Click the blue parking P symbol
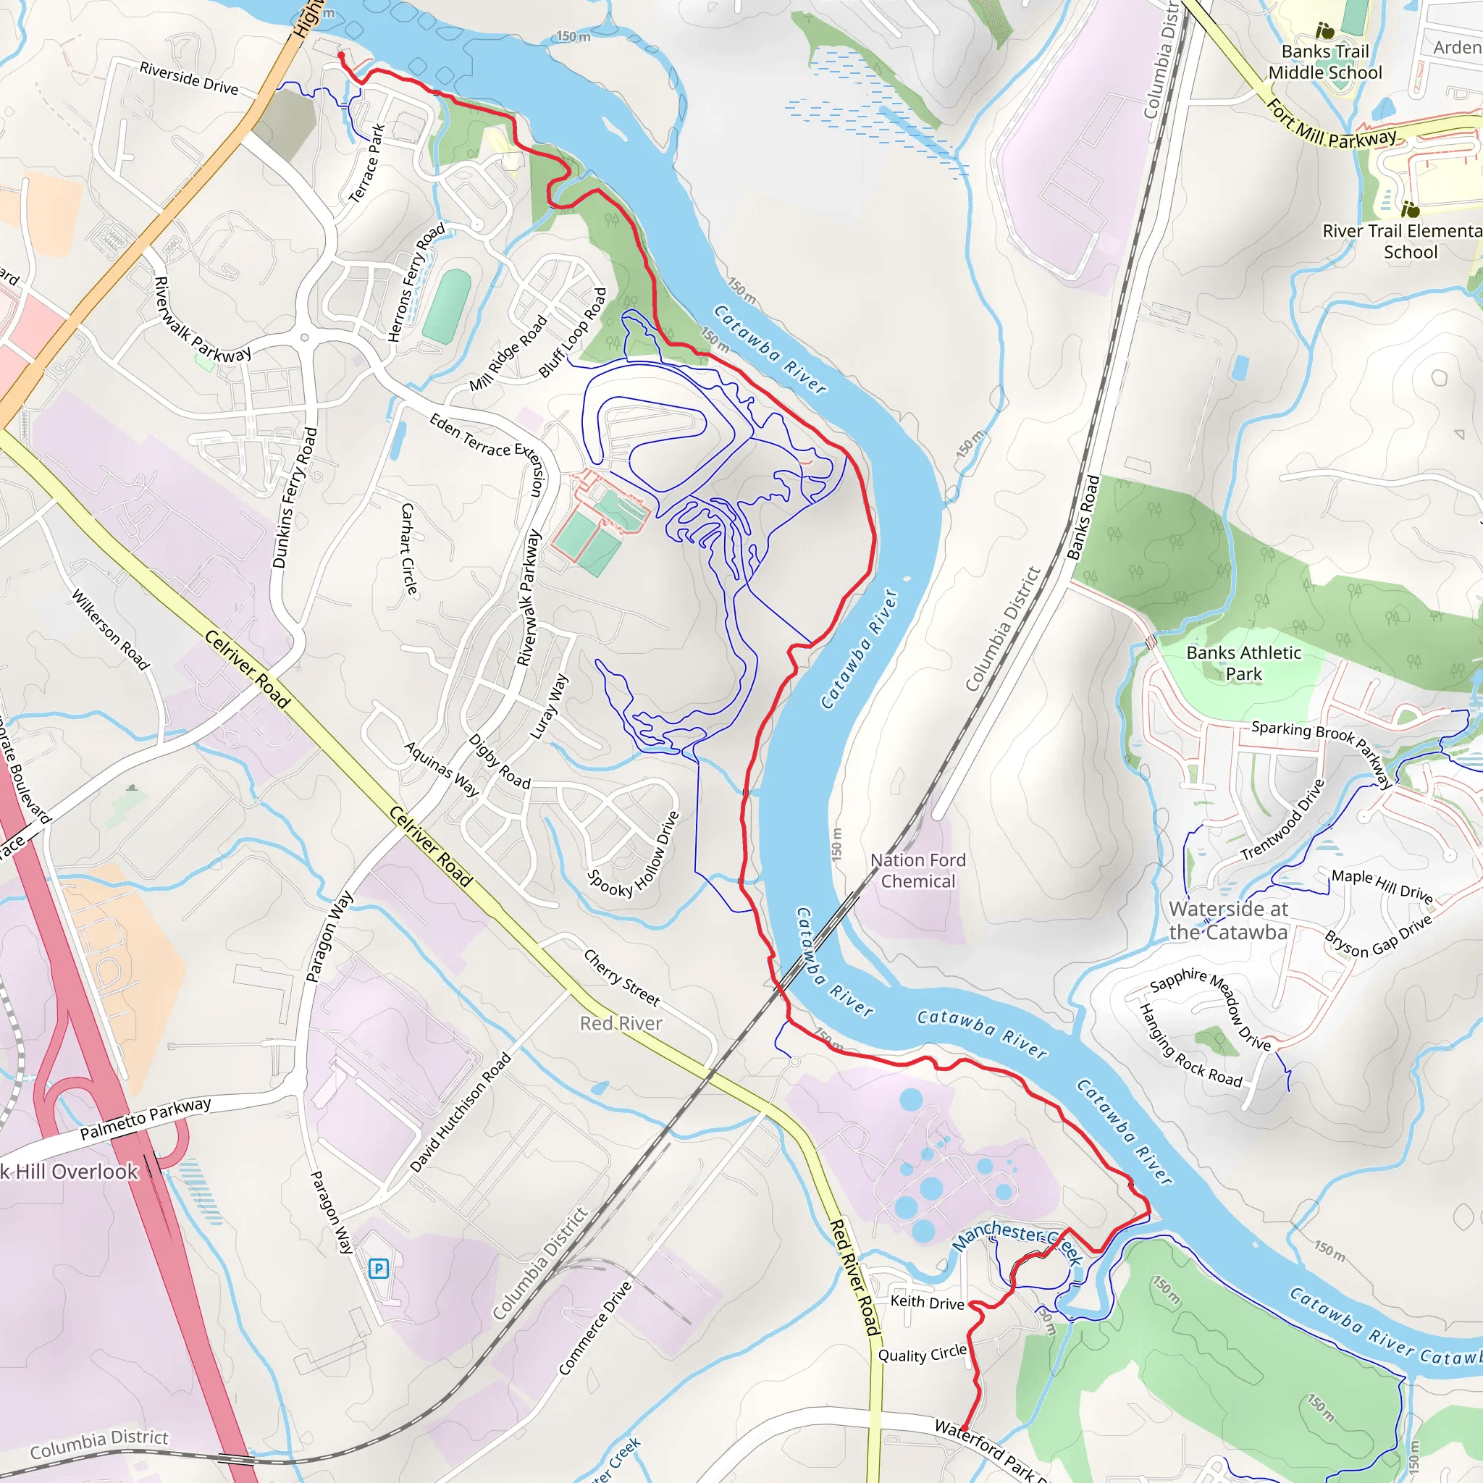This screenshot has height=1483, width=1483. (x=379, y=1268)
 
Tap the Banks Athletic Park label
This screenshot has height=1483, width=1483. (x=1243, y=663)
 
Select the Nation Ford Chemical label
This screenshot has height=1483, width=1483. (x=918, y=870)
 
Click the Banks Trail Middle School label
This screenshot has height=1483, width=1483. (x=1325, y=62)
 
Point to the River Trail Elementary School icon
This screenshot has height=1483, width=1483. (x=1410, y=209)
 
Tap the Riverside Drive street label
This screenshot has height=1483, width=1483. (x=189, y=78)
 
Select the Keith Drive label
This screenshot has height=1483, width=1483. (x=928, y=1302)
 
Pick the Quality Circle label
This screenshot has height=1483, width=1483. (x=922, y=1355)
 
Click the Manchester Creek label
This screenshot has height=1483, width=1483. (x=1018, y=1242)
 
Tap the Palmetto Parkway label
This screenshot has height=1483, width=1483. (x=145, y=1118)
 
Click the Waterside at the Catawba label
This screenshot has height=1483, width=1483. (x=1228, y=920)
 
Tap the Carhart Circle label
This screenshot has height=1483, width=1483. (x=409, y=549)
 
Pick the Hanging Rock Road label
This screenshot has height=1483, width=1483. (x=1190, y=1046)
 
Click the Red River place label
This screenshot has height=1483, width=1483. (x=621, y=1023)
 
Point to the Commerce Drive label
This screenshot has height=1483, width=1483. (x=596, y=1328)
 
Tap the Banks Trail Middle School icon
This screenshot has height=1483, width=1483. (x=1325, y=30)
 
